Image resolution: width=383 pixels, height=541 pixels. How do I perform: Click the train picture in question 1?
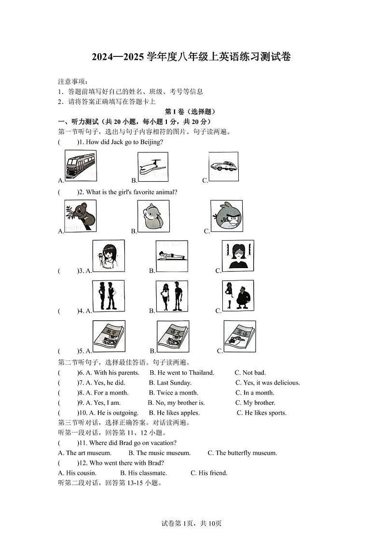[x=80, y=166]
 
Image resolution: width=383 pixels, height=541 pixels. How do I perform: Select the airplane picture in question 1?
[x=153, y=167]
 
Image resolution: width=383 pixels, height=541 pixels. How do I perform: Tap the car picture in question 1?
[x=223, y=166]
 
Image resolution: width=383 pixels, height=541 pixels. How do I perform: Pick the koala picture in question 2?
[x=80, y=215]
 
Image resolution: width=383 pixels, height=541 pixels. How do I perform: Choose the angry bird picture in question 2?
[x=227, y=216]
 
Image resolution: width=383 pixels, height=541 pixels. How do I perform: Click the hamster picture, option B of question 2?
[x=153, y=216]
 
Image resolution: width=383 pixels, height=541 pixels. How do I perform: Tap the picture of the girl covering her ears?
[x=237, y=256]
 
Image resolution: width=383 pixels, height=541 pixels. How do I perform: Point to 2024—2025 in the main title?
[x=118, y=57]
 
